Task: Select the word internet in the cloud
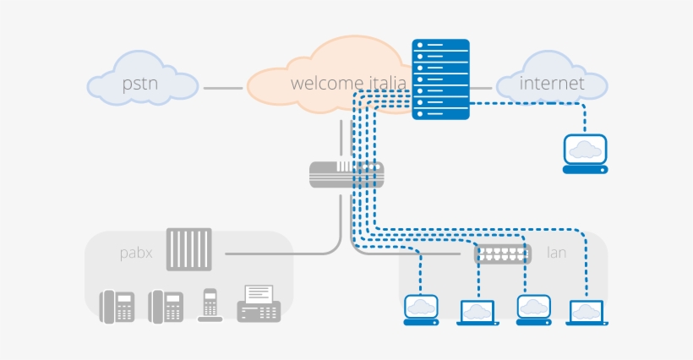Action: click(552, 84)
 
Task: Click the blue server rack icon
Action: click(440, 79)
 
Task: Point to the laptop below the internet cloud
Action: click(586, 153)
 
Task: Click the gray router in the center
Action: click(346, 175)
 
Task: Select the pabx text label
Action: click(136, 252)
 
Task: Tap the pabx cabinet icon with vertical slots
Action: click(188, 248)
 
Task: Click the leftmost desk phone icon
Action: click(117, 306)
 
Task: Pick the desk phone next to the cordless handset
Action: click(166, 306)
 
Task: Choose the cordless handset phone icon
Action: click(210, 305)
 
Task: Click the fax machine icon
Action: click(259, 303)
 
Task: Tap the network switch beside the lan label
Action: click(503, 253)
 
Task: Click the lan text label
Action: click(557, 252)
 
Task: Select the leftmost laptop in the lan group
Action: click(421, 309)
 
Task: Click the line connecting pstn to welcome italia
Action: click(223, 87)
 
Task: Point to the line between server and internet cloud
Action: click(482, 87)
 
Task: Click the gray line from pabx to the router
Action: click(279, 253)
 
